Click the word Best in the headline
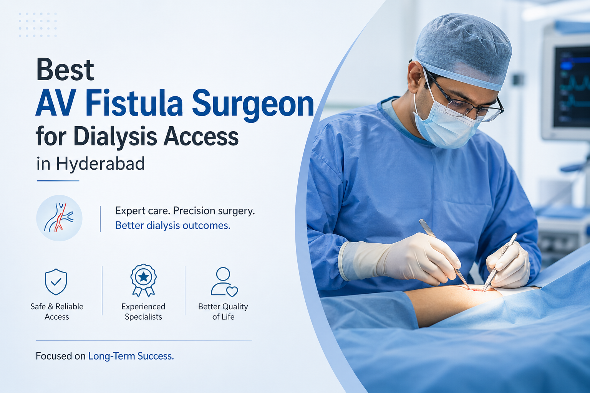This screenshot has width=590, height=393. pos(65,70)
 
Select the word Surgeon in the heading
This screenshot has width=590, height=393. pos(253,104)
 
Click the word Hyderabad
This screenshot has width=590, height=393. pos(100,164)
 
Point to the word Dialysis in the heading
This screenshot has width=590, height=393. pos(115,137)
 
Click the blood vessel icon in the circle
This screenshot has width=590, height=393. pos(59,218)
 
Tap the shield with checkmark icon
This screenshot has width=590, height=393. pos(56,282)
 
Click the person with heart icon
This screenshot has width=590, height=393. pos(224,282)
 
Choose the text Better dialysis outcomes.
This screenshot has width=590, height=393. pos(172,226)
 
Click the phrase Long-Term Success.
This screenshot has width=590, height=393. pos(131,356)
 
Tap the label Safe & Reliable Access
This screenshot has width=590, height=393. pos(57,312)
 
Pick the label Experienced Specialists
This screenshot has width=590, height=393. pos(143,312)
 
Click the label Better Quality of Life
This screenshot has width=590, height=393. pos(223,312)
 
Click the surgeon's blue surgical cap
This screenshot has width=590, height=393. pos(463,48)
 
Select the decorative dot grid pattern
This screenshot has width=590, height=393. pos(38,25)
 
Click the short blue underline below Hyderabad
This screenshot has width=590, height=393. pos(58,181)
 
